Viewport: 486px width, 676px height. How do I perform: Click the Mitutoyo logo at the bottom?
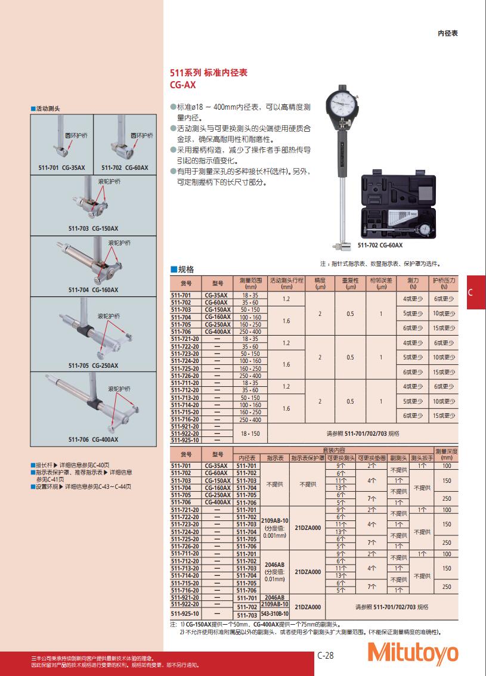tap(413, 653)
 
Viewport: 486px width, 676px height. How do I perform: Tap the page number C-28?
tap(325, 655)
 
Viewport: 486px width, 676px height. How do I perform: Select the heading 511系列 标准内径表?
tap(209, 72)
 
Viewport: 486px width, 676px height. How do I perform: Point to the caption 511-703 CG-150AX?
tap(93, 228)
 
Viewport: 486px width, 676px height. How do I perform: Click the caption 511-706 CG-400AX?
tap(93, 439)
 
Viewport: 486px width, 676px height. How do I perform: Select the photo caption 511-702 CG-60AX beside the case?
tap(380, 245)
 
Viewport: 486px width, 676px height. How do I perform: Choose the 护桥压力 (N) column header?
tap(444, 283)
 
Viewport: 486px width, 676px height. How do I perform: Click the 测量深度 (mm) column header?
tap(447, 454)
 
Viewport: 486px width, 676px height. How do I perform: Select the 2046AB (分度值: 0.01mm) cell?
tap(275, 572)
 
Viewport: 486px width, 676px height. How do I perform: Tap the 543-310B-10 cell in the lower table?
tap(275, 613)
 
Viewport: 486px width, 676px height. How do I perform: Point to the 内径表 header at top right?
tap(447, 34)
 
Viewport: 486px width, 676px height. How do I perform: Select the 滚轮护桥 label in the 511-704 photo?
tap(119, 243)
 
